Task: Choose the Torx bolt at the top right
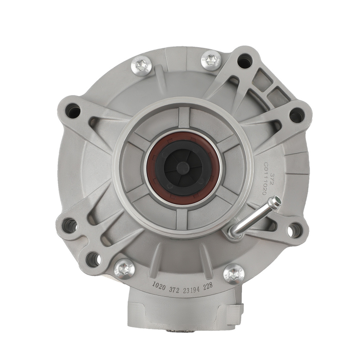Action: pyautogui.click(x=211, y=61)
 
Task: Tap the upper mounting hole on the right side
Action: pyautogui.click(x=296, y=115)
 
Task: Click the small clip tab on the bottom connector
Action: pyautogui.click(x=238, y=310)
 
